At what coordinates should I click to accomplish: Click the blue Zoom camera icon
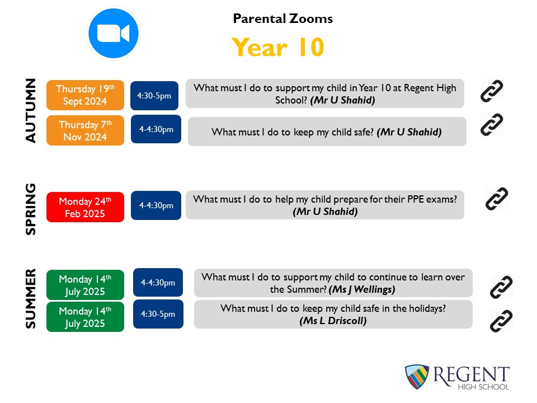114,33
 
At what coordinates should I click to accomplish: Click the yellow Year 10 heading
278,47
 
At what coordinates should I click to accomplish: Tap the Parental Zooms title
283,18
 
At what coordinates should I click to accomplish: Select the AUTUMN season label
30,110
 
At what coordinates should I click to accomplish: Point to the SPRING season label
30,209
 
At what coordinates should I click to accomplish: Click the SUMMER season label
30,299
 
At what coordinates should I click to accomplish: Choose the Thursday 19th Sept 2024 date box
85,95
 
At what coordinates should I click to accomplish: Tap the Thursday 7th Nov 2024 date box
85,130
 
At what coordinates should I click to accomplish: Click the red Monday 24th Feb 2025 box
85,207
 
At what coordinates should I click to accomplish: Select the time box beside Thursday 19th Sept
154,96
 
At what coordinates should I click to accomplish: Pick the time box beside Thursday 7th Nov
156,129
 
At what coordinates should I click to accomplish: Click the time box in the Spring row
156,205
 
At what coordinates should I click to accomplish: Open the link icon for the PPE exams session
497,198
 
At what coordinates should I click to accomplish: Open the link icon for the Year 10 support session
492,91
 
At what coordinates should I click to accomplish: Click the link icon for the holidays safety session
501,321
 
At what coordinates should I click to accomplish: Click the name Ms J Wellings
362,289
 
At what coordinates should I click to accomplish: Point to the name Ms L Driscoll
333,321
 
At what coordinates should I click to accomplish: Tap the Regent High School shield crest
417,377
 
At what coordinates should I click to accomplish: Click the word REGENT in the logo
471,374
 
